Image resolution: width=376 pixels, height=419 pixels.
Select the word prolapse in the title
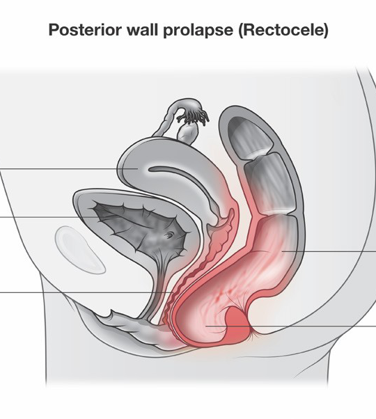pyautogui.click(x=198, y=31)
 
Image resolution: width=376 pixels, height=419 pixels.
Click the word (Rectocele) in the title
pyautogui.click(x=283, y=30)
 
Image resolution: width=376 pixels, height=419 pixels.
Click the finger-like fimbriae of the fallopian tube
pyautogui.click(x=194, y=117)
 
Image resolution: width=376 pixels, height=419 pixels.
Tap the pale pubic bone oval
pyautogui.click(x=79, y=250)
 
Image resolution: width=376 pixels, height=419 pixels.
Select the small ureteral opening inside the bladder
pyautogui.click(x=169, y=235)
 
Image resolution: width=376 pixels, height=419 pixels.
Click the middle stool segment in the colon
pyautogui.click(x=270, y=184)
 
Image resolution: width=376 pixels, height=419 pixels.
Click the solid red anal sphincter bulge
pyautogui.click(x=238, y=324)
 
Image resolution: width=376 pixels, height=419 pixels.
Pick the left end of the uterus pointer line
pyautogui.click(x=0, y=169)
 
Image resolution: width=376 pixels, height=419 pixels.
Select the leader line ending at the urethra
pyautogui.click(x=86, y=292)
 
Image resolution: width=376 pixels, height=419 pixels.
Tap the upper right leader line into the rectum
pyautogui.click(x=329, y=251)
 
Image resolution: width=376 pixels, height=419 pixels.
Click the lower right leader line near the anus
pyautogui.click(x=291, y=326)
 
